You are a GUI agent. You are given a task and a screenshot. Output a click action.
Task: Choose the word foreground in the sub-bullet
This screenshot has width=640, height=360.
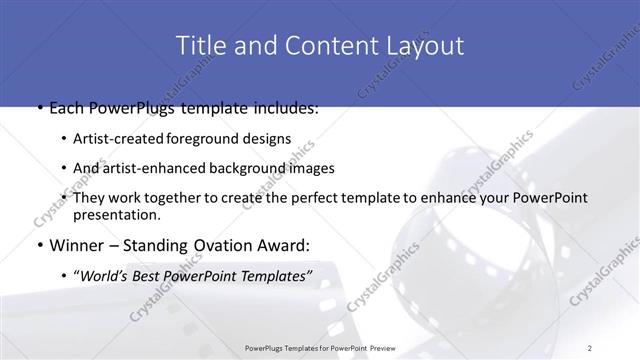219,139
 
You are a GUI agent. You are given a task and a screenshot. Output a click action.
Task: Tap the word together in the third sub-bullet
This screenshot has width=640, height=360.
188,198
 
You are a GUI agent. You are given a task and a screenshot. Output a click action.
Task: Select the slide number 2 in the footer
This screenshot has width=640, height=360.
590,347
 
